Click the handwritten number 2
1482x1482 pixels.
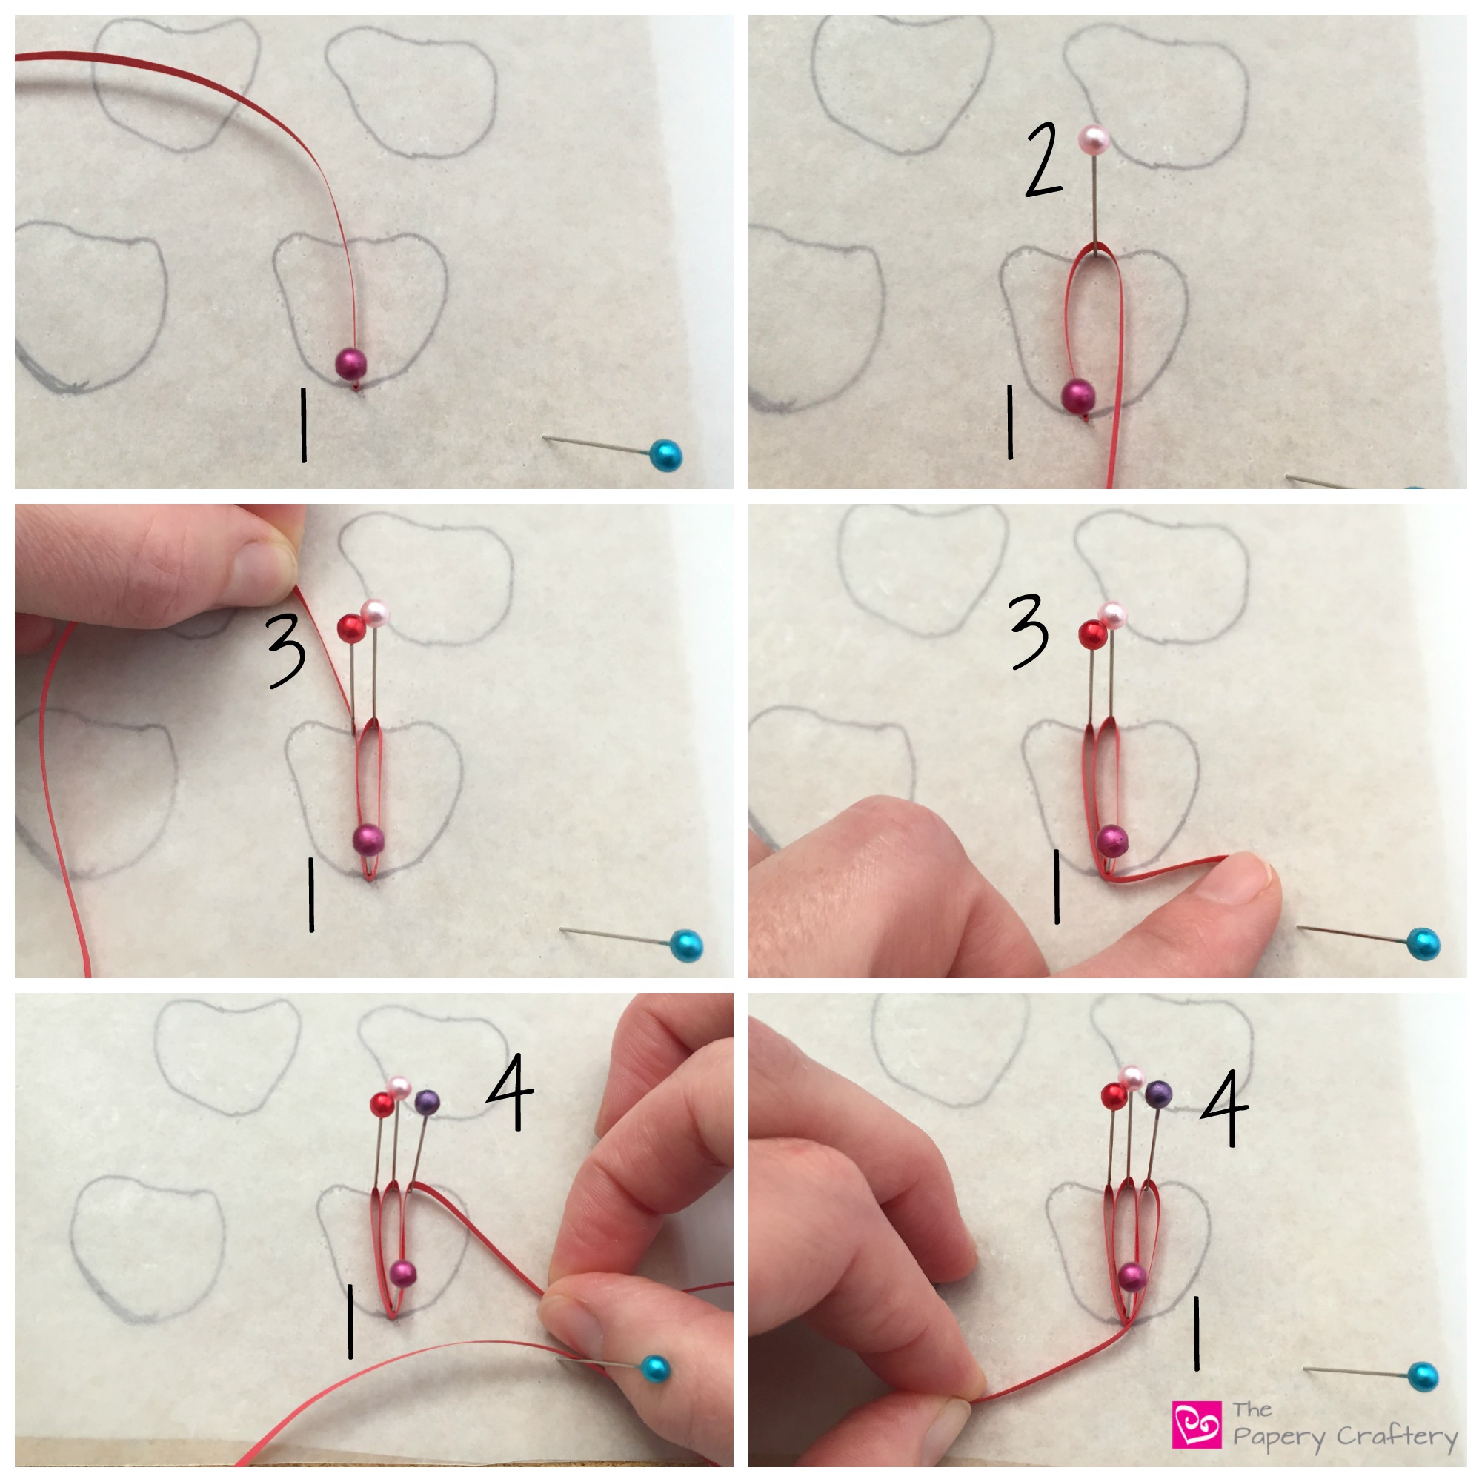click(x=1044, y=161)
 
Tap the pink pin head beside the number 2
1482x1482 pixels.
click(x=1094, y=139)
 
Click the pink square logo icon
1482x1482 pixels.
click(x=1197, y=1424)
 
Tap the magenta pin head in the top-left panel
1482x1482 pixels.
click(x=350, y=363)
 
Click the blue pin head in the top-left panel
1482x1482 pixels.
click(x=666, y=456)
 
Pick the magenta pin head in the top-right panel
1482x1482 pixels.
click(x=1077, y=396)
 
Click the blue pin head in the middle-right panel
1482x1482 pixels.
click(x=1423, y=943)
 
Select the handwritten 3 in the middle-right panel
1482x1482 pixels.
click(x=1029, y=631)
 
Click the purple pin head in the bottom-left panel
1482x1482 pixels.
click(x=428, y=1103)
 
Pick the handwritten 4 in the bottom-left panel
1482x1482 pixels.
click(x=509, y=1091)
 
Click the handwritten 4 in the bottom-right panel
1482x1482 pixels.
click(x=1224, y=1109)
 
